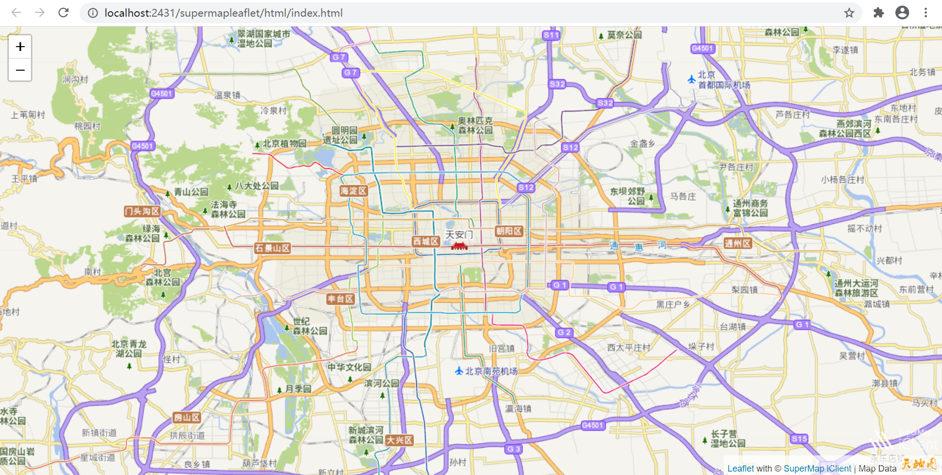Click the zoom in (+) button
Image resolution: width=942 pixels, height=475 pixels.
tap(20, 47)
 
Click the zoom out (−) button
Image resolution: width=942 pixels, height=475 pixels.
tap(20, 70)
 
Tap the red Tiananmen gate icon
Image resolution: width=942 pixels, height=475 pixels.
tap(459, 245)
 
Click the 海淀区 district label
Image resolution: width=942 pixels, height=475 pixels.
tap(353, 191)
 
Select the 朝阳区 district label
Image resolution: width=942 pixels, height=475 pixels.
tap(509, 231)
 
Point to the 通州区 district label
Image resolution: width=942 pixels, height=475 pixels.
tap(738, 243)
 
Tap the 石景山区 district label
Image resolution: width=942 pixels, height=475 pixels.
tap(273, 248)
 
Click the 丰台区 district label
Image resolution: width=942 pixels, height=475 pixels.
tap(340, 299)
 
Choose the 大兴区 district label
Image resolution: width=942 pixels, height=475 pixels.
tap(399, 440)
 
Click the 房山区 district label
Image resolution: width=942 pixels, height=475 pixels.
tap(187, 418)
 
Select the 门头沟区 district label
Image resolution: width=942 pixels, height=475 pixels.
tap(142, 211)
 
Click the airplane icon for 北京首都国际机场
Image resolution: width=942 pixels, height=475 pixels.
tap(691, 79)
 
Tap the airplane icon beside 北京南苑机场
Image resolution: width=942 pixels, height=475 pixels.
tap(459, 371)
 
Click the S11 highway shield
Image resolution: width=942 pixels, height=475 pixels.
tap(551, 35)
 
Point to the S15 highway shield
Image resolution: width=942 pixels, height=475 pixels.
tap(799, 439)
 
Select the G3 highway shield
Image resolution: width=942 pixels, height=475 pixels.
tap(514, 449)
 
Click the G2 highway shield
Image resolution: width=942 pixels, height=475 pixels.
tap(564, 332)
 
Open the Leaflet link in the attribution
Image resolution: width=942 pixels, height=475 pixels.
tap(740, 469)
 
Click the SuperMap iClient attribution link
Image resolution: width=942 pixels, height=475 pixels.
tap(817, 469)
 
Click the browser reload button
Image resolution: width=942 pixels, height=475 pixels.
tap(63, 13)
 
